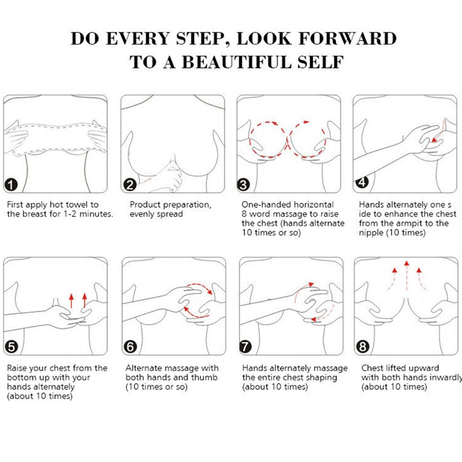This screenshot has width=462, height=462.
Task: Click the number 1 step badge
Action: tap(11, 185)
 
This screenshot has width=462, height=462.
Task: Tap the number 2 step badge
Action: tap(129, 185)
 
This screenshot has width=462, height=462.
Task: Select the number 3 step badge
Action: tap(243, 185)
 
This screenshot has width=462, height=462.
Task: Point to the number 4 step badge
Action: tap(362, 182)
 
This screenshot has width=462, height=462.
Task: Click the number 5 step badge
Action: tap(12, 347)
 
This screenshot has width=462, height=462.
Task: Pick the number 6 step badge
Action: tap(131, 347)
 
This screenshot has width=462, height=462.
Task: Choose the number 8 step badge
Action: tap(363, 347)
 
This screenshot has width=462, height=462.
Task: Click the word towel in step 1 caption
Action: tap(77, 204)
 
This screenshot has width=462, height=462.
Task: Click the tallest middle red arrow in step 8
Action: tap(407, 275)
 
